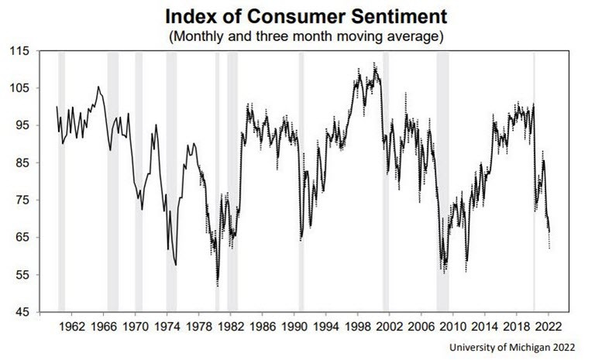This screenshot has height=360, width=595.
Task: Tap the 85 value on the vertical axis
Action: click(21, 163)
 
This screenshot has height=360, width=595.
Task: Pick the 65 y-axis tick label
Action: click(21, 238)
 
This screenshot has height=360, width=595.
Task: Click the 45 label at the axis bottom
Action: click(21, 312)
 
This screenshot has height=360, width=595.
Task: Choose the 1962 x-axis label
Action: click(72, 327)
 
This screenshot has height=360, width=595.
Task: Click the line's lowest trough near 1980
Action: click(218, 280)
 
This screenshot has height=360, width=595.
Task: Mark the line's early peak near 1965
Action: click(98, 87)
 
